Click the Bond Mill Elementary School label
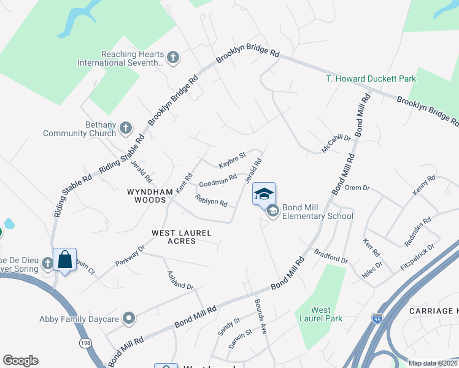point(317,212)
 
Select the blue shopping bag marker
point(64,260)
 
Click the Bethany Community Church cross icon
point(125,128)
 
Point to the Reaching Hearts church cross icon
point(173,58)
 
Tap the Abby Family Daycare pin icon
point(128,318)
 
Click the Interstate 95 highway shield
point(376,318)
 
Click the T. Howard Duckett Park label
point(371,79)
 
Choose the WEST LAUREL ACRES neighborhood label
point(182,237)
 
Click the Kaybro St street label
point(232,161)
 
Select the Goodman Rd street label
point(217,181)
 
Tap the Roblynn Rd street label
point(211,200)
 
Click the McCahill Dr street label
point(336,144)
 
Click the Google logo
point(20,361)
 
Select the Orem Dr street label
point(357,188)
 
